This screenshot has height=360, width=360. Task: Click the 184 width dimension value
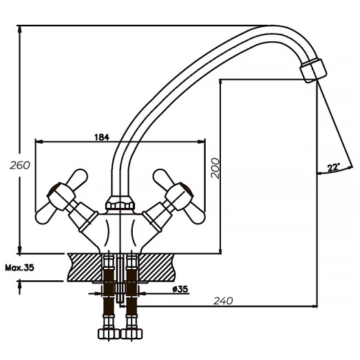pos(101,137)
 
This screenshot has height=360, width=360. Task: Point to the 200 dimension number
pos(215,168)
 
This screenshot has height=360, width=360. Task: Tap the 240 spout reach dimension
pos(224,300)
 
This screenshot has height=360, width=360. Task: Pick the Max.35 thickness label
pos(19,267)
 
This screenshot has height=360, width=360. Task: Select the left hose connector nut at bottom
pos(107,333)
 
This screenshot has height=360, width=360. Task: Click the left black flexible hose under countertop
pos(107,289)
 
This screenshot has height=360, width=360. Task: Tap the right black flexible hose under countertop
pos(131,289)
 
